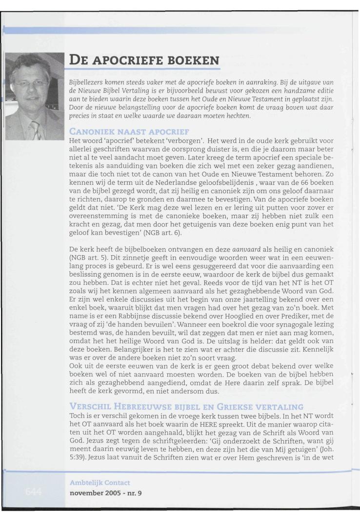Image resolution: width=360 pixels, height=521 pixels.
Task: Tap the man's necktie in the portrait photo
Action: coord(36,130)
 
